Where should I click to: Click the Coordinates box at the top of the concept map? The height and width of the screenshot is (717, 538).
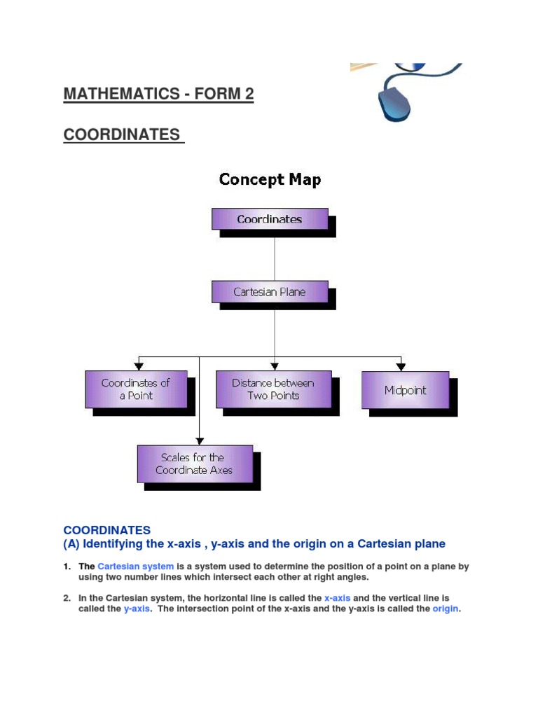pos(270,219)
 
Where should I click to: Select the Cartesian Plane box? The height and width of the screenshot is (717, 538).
pos(270,292)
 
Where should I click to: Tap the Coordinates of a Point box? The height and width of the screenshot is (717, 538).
pos(136,389)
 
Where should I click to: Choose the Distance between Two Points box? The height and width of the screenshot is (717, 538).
pos(273,389)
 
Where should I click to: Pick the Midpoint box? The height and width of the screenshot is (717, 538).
pos(405,390)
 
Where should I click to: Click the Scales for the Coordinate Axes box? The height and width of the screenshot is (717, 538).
pos(195,464)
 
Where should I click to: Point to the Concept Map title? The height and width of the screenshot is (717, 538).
pos(270,179)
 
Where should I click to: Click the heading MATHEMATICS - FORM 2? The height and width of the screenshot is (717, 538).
pos(158,95)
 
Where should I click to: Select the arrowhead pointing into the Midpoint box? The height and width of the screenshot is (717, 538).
pos(401,366)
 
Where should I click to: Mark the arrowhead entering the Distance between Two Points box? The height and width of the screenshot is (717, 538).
pos(275,366)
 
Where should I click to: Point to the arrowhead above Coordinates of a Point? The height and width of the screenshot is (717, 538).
pos(140,366)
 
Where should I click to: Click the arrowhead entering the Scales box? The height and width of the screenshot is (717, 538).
pos(200,440)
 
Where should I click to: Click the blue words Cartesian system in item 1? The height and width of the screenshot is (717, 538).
pos(136,566)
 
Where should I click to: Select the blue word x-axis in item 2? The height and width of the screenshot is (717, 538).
pos(337,598)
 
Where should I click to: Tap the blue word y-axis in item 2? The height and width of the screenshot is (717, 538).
pos(137,609)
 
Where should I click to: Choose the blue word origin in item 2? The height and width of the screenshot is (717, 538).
pos(445,609)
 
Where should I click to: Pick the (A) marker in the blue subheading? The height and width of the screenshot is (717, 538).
pos(71,544)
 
